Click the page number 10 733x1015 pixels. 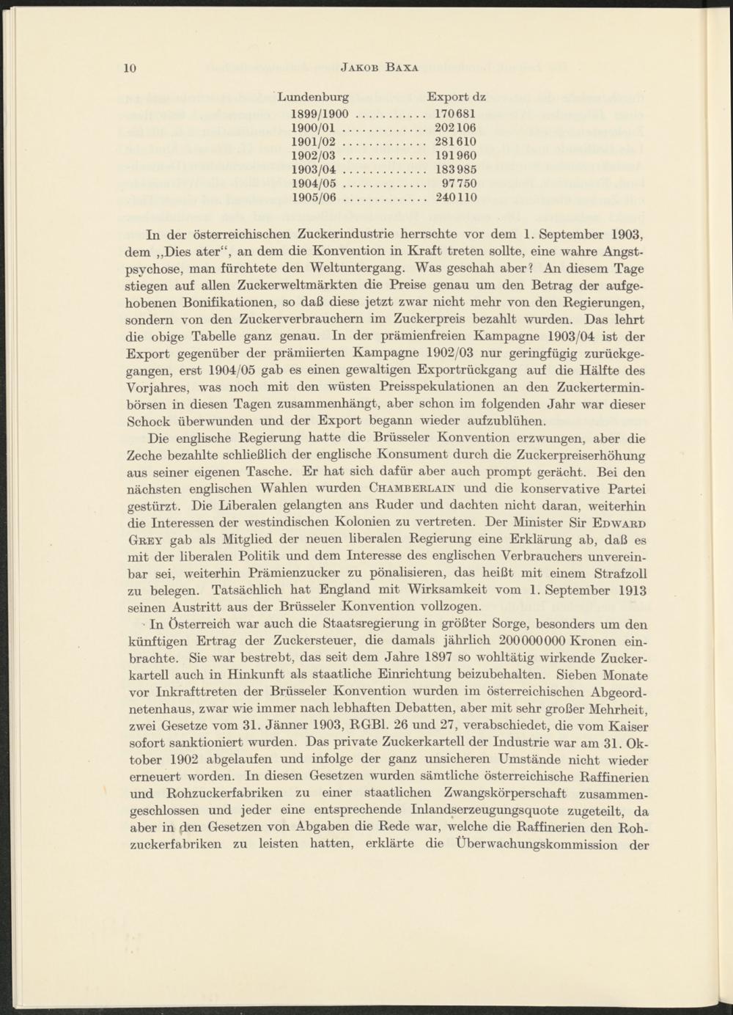point(130,69)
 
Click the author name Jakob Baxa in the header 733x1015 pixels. point(380,69)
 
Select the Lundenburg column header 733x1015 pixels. point(313,97)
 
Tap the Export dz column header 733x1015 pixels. point(456,97)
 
